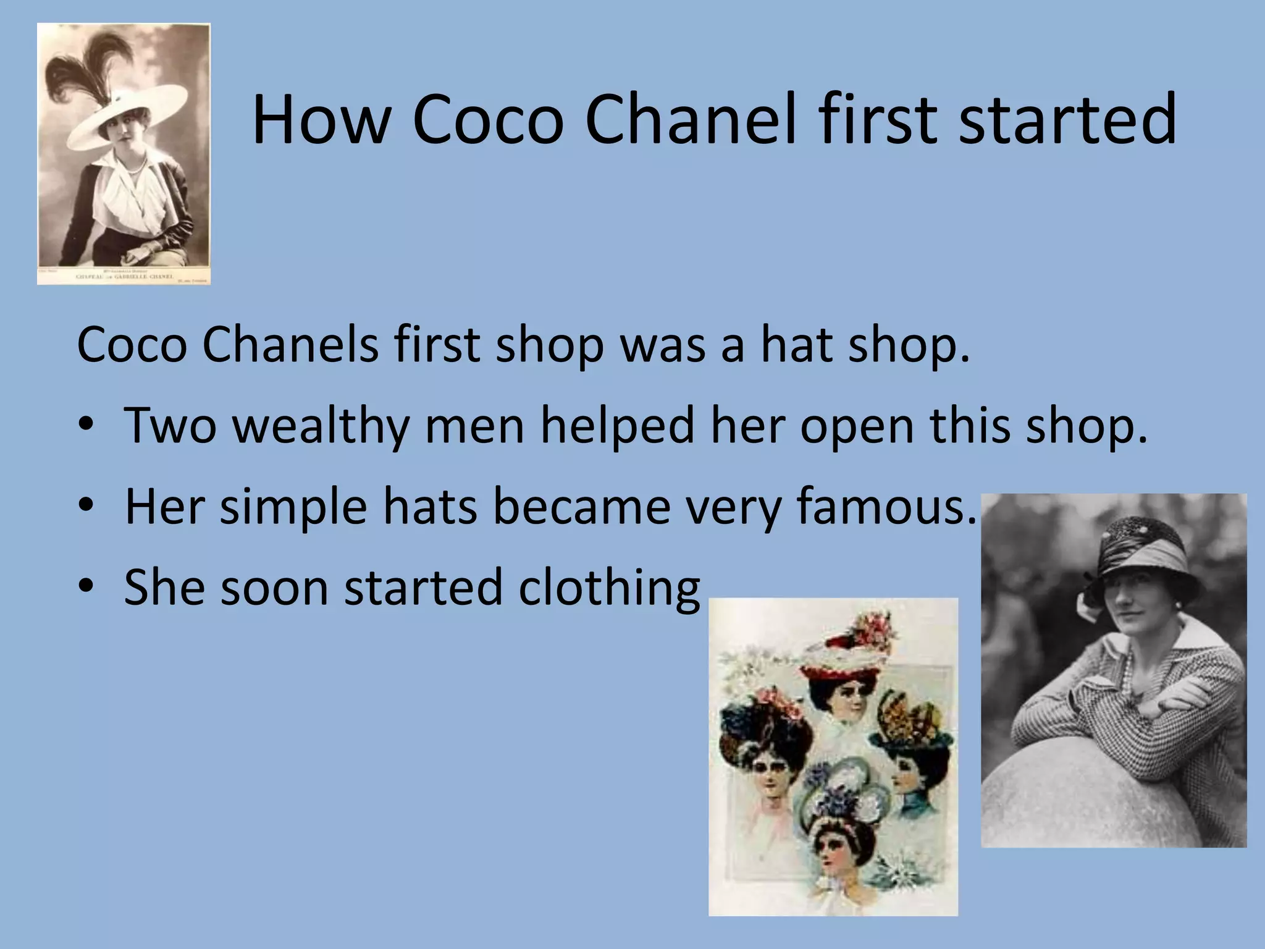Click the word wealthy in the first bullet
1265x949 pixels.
pos(321,426)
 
